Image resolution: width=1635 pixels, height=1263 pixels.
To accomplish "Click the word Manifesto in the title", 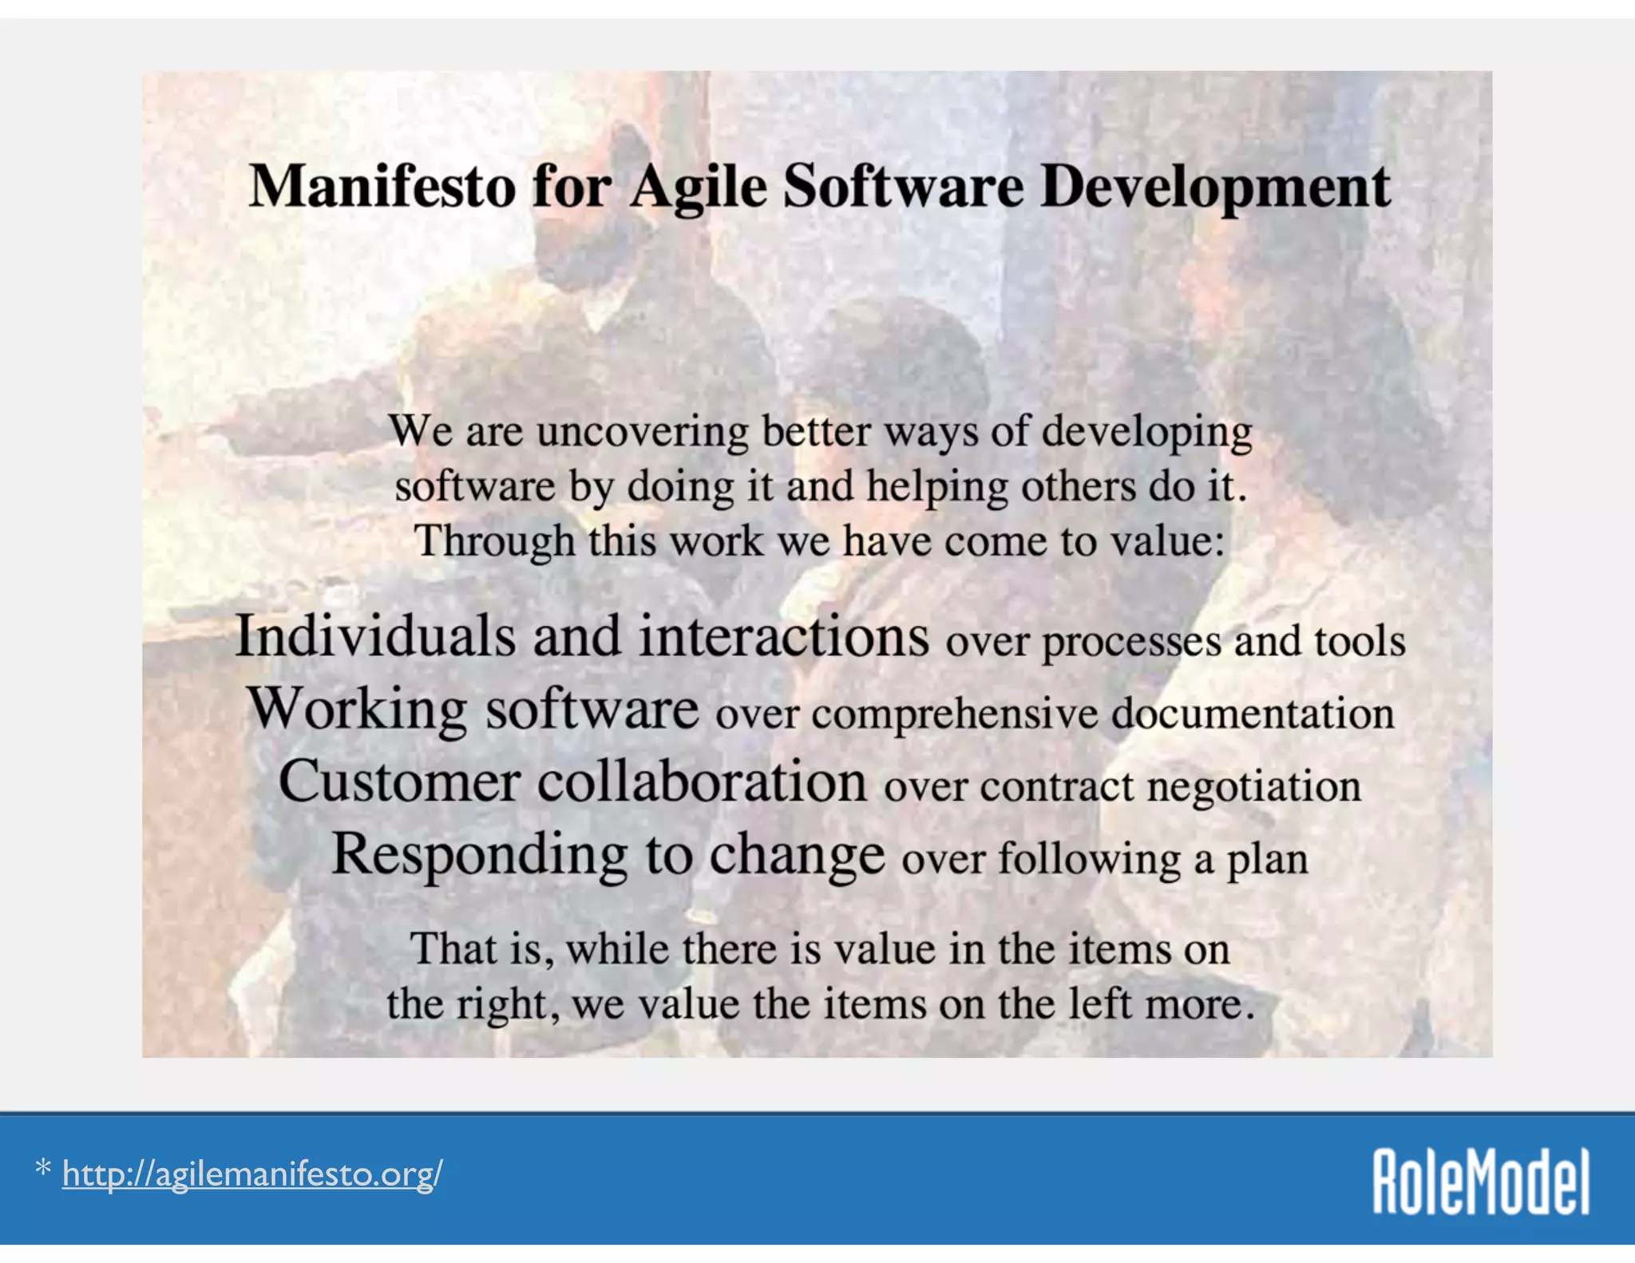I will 382,187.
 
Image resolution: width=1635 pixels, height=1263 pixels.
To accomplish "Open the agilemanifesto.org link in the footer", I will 251,1174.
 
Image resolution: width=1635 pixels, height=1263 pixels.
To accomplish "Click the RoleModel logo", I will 1481,1182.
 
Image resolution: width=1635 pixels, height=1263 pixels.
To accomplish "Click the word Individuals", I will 375,636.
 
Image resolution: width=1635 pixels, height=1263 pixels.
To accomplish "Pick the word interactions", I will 784,636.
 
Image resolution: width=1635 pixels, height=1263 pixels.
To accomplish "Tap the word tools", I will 1360,641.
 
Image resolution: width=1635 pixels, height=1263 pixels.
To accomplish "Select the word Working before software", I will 357,709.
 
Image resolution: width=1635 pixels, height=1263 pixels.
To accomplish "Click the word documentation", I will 1253,713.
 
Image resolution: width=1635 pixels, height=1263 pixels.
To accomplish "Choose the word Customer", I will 399,781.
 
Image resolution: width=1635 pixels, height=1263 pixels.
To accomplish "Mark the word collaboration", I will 702,781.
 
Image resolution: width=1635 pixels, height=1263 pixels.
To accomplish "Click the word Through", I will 494,542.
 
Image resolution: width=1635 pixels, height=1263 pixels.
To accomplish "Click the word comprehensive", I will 955,713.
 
